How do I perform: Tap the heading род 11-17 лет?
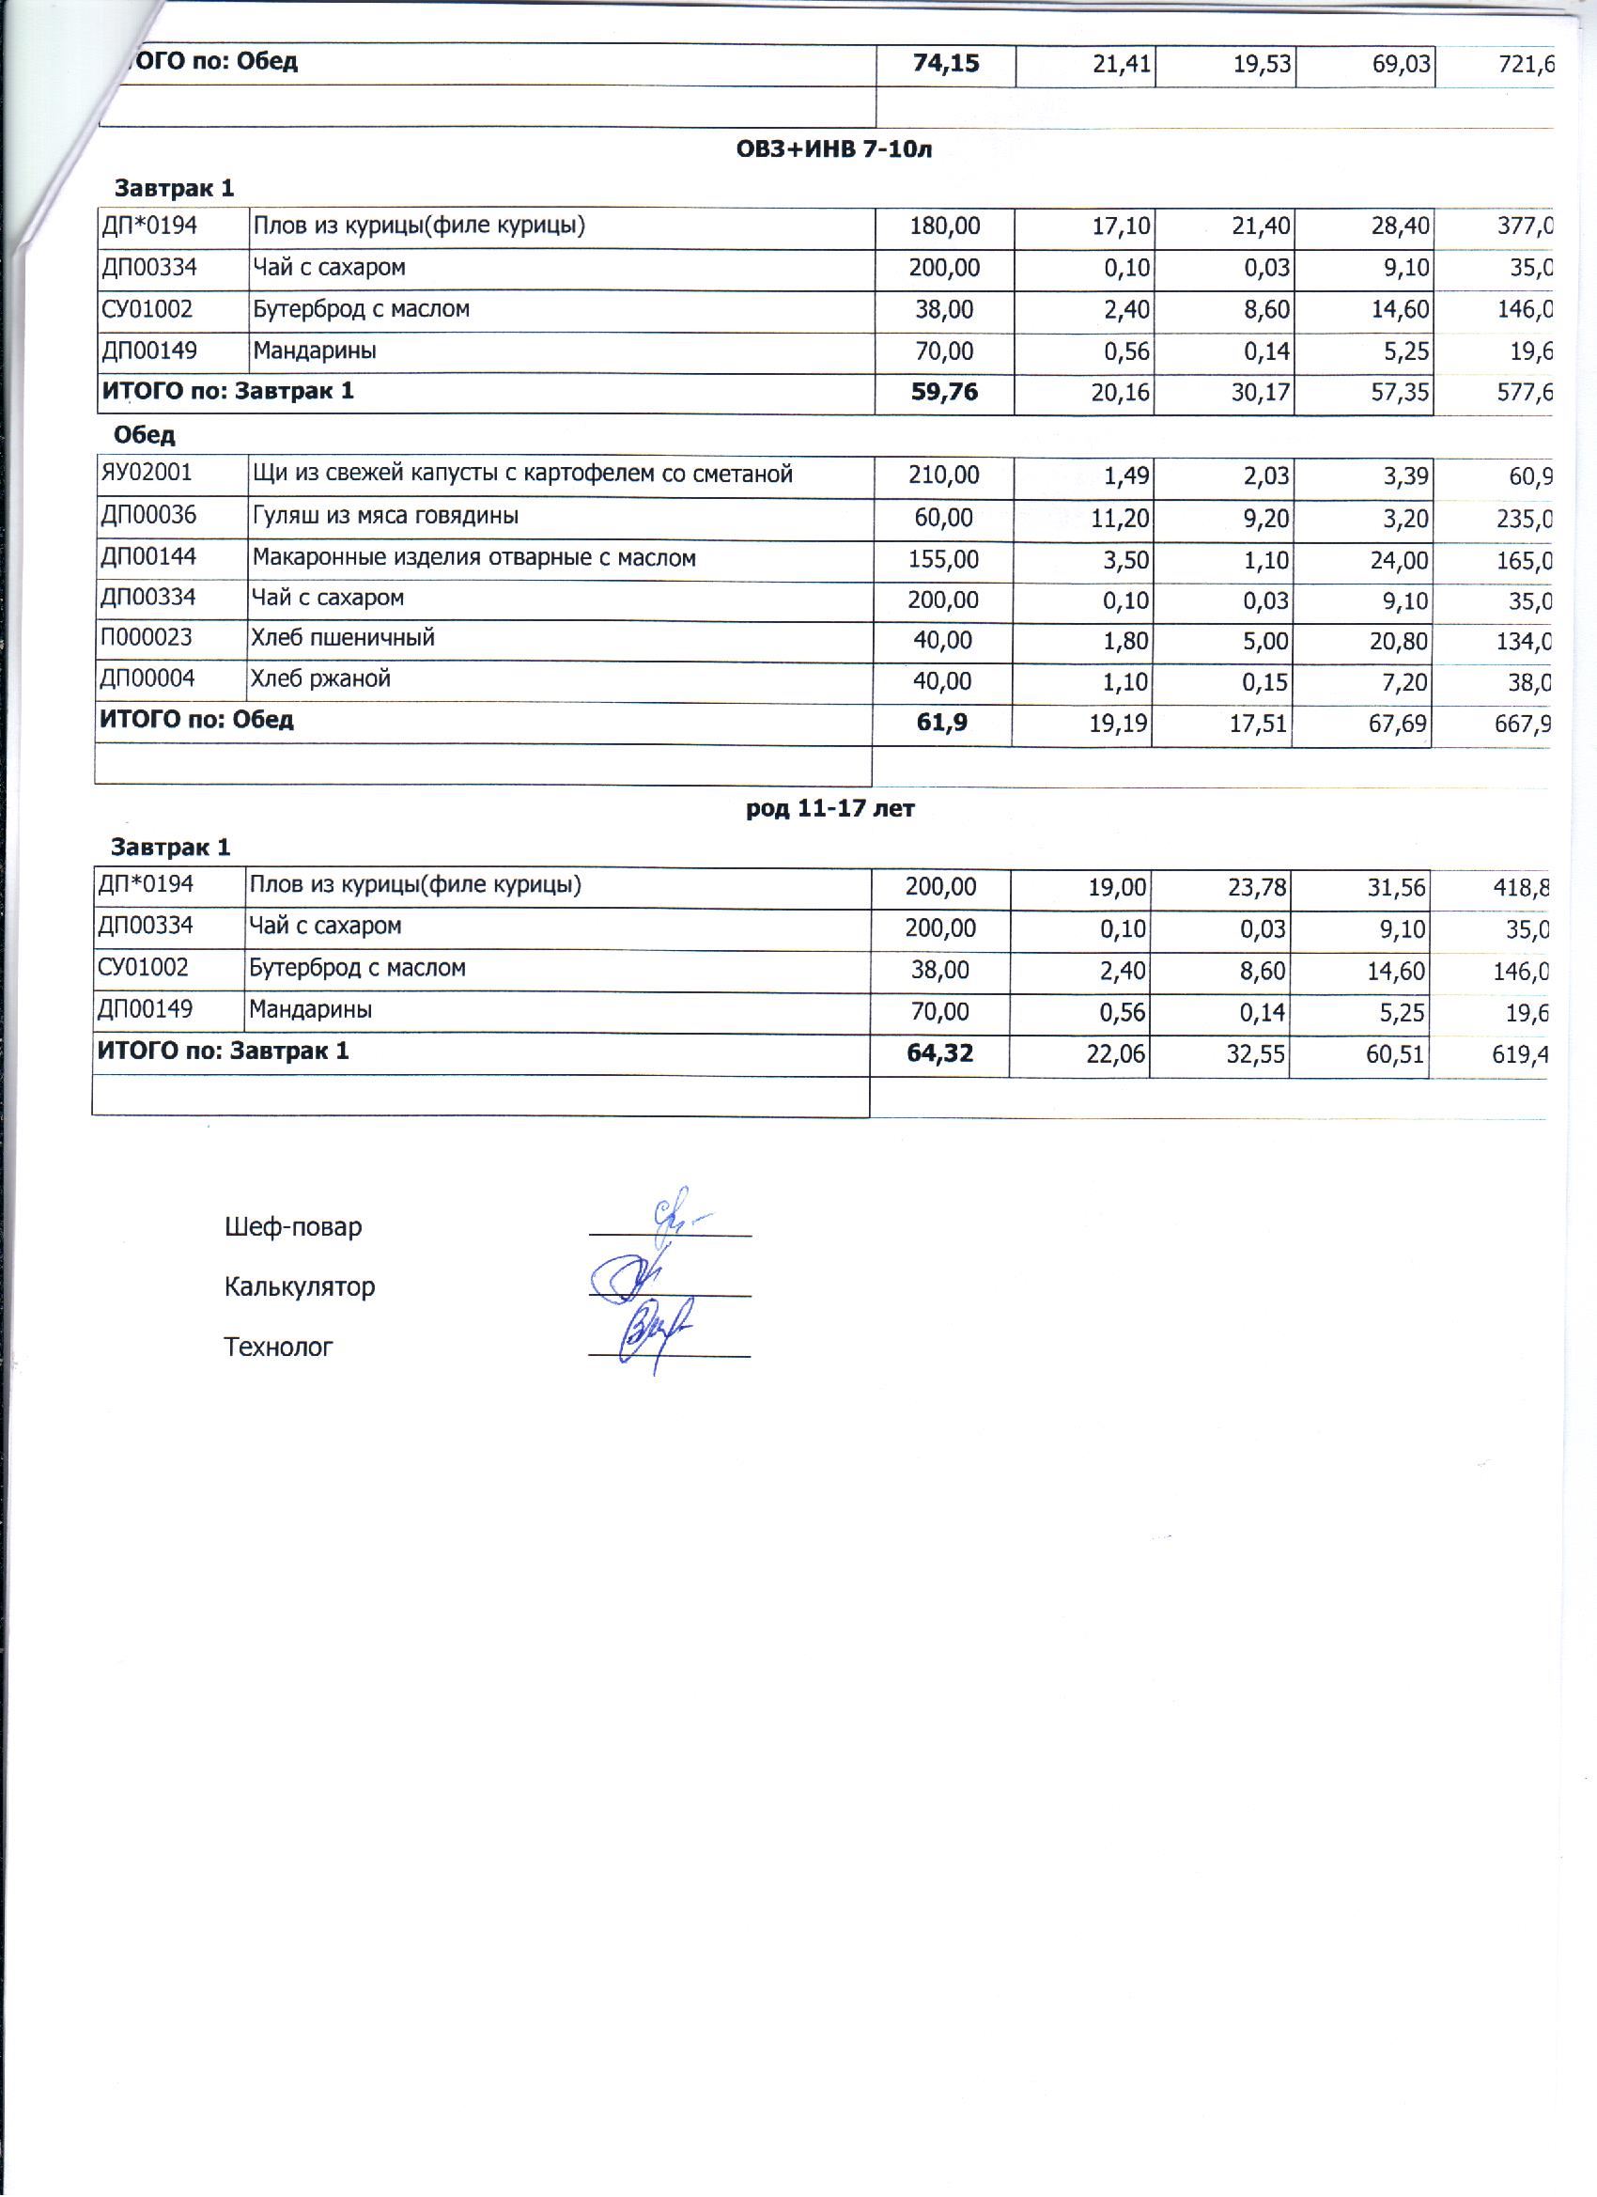coord(830,808)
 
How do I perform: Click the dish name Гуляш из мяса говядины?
coord(385,515)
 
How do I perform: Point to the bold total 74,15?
coord(945,64)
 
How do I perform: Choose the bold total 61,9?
coord(941,721)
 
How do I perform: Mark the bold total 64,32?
coord(939,1052)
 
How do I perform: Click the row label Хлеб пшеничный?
coord(343,637)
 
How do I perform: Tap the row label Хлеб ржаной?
coord(320,678)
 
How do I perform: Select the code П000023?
coord(147,637)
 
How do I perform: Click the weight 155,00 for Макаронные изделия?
coord(943,559)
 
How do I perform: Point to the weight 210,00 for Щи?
coord(943,475)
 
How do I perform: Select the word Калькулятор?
coord(300,1286)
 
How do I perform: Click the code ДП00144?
coord(148,556)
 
